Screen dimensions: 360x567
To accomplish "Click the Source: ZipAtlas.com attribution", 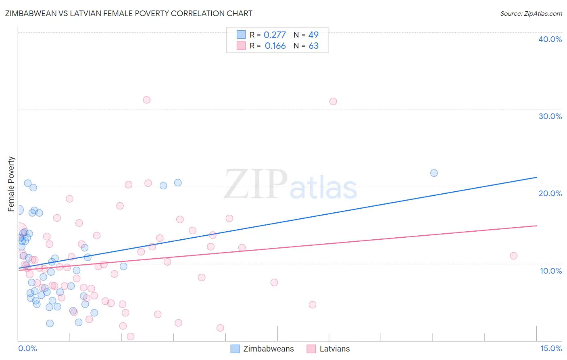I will click(531, 13).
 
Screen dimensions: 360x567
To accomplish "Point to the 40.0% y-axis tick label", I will click(550, 39).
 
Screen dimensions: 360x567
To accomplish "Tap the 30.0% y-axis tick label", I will click(550, 116).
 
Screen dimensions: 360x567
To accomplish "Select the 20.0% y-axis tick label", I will click(550, 193).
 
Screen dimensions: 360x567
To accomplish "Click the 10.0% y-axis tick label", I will click(551, 271).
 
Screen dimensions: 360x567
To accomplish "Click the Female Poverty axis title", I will click(11, 184).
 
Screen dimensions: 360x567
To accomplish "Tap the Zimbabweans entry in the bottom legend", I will click(268, 349).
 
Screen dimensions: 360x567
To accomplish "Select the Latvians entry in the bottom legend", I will click(334, 349).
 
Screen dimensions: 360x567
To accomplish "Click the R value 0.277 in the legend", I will click(275, 35).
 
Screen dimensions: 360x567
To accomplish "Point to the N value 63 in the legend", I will click(314, 46).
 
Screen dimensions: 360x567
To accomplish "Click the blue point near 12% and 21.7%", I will click(434, 173).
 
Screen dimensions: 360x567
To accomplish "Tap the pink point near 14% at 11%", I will click(513, 256).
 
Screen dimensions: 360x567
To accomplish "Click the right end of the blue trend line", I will click(537, 177).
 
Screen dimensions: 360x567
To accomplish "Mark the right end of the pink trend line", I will click(537, 226).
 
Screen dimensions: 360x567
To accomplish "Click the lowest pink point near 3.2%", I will click(130, 337).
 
